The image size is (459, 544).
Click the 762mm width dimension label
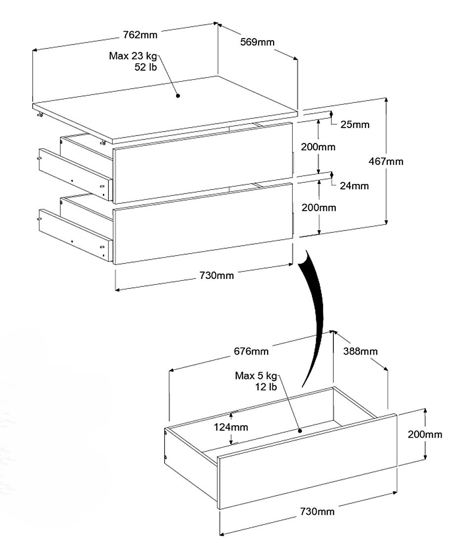[x=140, y=35]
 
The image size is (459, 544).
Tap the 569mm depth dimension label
[x=257, y=42]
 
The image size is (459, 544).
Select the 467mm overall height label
[x=386, y=161]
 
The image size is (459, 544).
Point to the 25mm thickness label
[x=355, y=125]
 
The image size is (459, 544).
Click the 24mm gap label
[x=354, y=186]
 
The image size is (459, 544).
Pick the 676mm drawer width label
[x=251, y=351]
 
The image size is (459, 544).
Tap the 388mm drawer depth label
[x=361, y=351]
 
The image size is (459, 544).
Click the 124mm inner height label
[x=230, y=427]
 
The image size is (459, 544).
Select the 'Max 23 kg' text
[x=133, y=56]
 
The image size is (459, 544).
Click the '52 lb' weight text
[x=146, y=67]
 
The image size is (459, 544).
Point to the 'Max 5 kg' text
[x=256, y=376]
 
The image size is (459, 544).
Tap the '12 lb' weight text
[x=266, y=387]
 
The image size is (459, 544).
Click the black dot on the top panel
[x=178, y=95]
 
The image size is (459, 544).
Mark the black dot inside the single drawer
[x=300, y=431]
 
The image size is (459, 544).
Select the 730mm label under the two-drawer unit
[x=217, y=275]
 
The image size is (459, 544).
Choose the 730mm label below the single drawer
[x=317, y=511]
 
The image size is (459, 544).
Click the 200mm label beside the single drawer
[x=425, y=434]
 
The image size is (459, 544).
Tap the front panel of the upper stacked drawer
[x=203, y=163]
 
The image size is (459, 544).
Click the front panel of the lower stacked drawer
[x=203, y=224]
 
